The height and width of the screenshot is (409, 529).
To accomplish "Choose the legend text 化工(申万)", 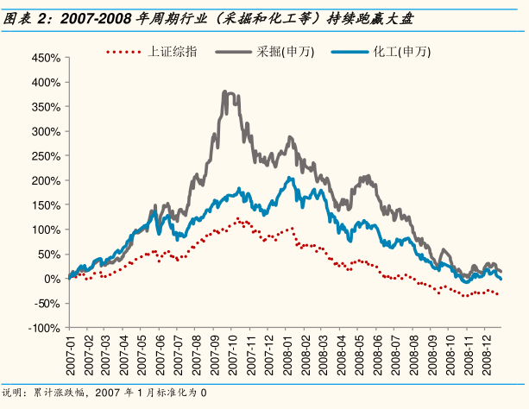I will (402, 52).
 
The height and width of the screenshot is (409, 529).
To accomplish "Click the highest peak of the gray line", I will (225, 91).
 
